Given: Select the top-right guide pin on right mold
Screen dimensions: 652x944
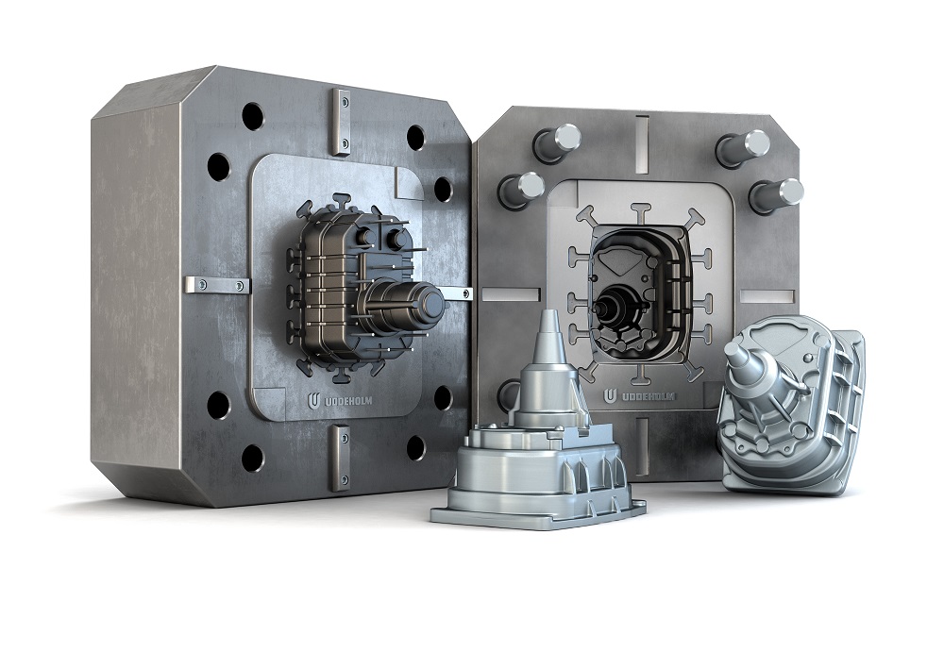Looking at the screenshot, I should pyautogui.click(x=746, y=147).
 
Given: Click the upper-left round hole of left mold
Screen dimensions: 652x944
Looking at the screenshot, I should pyautogui.click(x=252, y=116).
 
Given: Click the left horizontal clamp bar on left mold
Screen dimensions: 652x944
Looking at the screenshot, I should pyautogui.click(x=216, y=284).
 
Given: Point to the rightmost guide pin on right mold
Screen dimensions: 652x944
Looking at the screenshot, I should pyautogui.click(x=777, y=194).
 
